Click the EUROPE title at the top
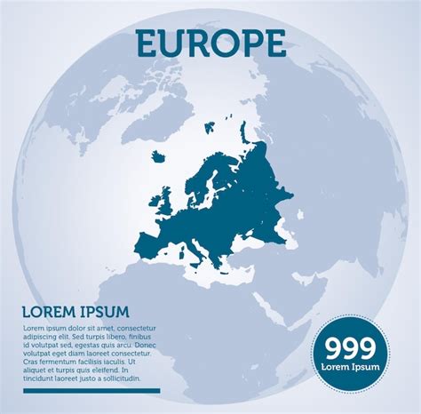point(210,42)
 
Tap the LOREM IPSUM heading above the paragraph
point(76,312)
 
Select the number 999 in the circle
point(350,348)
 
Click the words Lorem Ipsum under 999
point(350,367)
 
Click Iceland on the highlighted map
point(158,156)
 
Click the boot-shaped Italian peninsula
point(197,246)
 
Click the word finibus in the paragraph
point(142,338)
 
